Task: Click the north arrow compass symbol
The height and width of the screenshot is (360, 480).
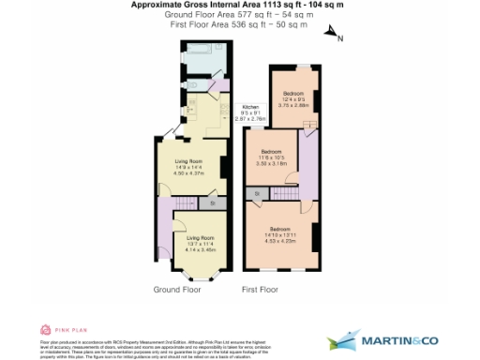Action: point(332,36)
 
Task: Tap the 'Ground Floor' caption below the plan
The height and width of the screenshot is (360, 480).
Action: point(177,290)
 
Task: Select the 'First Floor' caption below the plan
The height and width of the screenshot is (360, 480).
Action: point(261,290)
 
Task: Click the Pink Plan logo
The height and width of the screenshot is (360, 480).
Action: point(58,330)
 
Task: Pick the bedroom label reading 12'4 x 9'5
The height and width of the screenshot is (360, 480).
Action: point(293,99)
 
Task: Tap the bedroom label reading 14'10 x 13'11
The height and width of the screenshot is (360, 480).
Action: point(280,234)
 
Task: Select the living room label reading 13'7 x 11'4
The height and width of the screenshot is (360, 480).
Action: point(195,243)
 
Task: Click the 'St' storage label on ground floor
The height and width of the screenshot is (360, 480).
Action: point(213,202)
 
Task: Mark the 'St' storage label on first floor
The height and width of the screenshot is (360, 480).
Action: point(256,193)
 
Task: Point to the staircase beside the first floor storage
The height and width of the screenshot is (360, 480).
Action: point(285,193)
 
